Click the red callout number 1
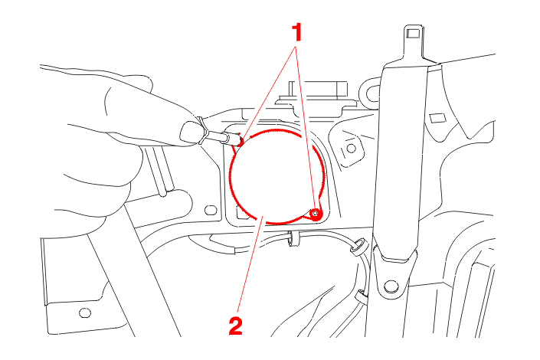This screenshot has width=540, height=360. tap(297, 32)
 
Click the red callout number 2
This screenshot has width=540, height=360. tap(236, 326)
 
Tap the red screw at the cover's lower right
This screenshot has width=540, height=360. tap(315, 214)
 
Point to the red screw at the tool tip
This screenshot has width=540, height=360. tap(241, 141)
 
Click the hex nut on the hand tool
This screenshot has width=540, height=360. tap(201, 133)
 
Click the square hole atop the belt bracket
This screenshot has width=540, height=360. tap(414, 34)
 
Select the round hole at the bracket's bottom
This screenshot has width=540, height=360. tap(391, 286)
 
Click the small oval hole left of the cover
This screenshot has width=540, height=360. tap(211, 210)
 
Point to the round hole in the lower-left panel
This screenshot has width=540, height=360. tap(85, 313)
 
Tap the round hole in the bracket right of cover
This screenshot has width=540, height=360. tap(351, 149)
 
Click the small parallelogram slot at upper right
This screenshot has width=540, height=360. tap(437, 117)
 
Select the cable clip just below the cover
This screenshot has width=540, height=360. tap(293, 239)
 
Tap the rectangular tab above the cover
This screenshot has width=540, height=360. tap(319, 90)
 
